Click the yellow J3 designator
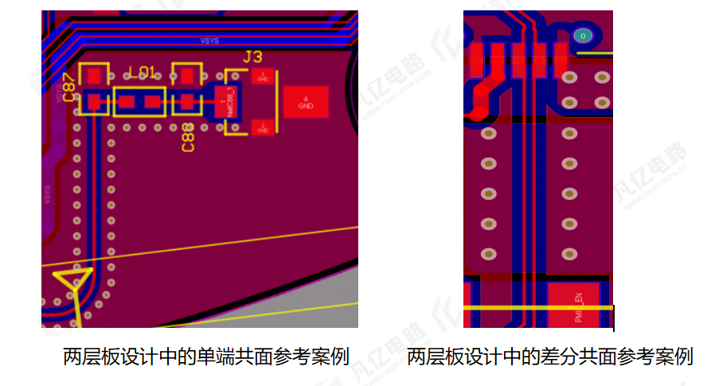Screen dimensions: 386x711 252,57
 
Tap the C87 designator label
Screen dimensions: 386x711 69,88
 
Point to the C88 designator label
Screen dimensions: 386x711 188,138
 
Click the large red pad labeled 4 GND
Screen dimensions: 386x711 306,102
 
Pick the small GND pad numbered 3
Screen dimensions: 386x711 263,76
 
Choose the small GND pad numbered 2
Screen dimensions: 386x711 263,127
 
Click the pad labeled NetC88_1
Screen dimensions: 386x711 226,103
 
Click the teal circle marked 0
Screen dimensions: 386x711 583,36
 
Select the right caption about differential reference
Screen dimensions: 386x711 549,357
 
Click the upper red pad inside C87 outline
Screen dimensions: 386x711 95,76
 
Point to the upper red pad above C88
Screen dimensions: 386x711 187,76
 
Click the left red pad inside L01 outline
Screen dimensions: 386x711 127,102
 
